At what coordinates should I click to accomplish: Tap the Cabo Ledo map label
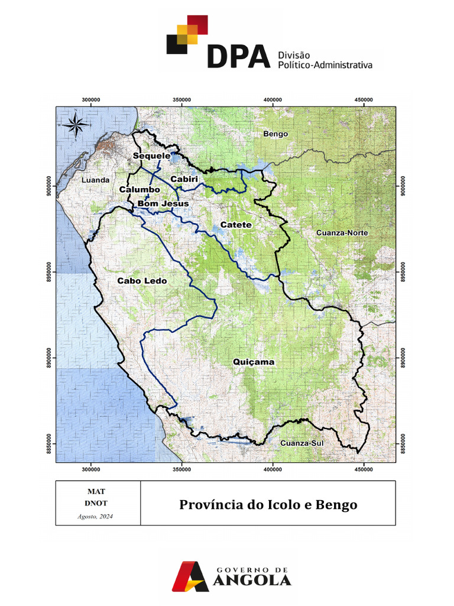[x=142, y=281]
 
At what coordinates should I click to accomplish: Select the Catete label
[x=236, y=225]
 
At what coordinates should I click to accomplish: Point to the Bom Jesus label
[x=163, y=204]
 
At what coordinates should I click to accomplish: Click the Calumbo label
[x=140, y=189]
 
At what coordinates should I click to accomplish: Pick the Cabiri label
[x=184, y=179]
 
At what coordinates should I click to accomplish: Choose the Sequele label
[x=151, y=156]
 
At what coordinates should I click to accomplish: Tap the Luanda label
[x=96, y=180]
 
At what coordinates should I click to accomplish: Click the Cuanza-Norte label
[x=342, y=233]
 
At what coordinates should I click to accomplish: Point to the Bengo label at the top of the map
[x=275, y=134]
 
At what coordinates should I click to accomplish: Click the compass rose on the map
[x=76, y=124]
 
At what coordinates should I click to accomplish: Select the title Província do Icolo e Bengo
[x=268, y=505]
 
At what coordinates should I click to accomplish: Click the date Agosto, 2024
[x=95, y=517]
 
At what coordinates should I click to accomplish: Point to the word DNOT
[x=95, y=503]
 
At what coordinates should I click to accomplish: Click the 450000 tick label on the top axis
[x=363, y=99]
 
